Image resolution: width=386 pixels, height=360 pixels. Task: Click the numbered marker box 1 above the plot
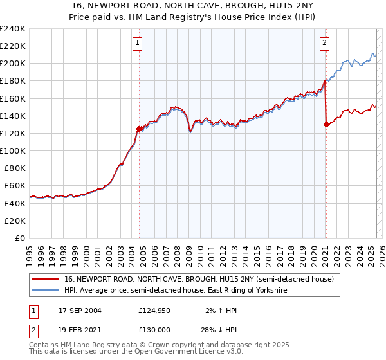(138, 44)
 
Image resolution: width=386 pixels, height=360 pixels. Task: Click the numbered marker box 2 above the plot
(324, 44)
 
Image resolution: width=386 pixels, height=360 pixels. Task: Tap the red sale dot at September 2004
(140, 129)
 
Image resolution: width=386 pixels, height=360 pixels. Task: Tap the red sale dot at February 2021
(326, 125)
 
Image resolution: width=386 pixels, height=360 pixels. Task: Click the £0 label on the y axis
(21, 238)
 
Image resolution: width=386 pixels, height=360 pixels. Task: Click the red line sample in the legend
(45, 280)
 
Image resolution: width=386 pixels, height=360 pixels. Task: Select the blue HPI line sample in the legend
(45, 291)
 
